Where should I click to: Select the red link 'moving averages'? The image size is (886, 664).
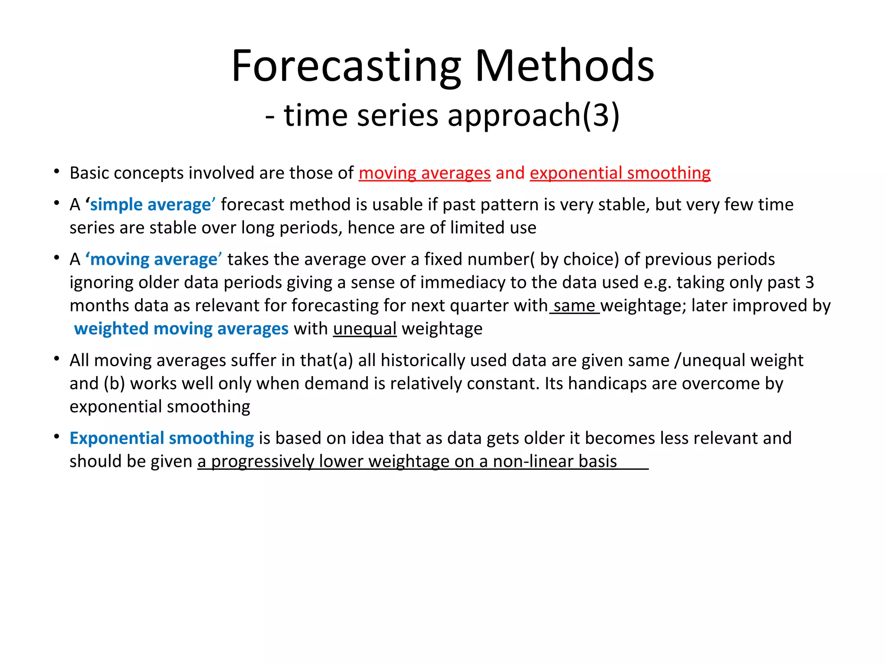pos(424,173)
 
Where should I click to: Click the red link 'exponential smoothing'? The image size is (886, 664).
pos(620,173)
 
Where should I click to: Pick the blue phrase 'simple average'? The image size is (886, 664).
pos(150,204)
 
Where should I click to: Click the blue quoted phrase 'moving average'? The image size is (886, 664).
pos(154,259)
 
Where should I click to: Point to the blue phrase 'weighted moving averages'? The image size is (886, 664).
pos(181,329)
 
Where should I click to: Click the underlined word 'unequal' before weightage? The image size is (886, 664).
pos(365,329)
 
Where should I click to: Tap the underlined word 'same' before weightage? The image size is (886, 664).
pos(574,306)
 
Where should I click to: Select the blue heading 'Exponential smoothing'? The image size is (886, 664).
pos(161,438)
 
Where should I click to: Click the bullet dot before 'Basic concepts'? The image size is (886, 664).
pos(57,172)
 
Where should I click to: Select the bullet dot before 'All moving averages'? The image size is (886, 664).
pos(57,359)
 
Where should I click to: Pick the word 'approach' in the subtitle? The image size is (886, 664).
pos(514,115)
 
